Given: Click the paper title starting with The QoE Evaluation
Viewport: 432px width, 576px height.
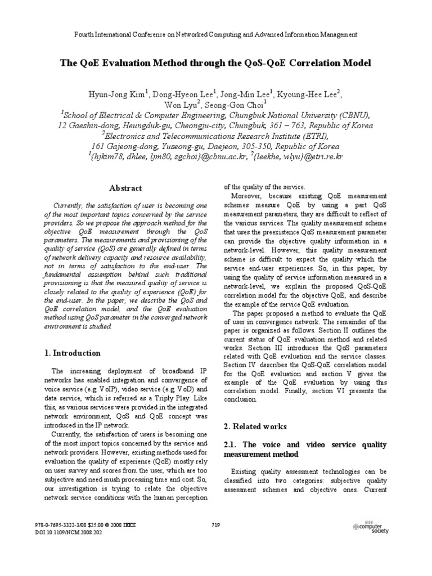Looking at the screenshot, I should (215, 63).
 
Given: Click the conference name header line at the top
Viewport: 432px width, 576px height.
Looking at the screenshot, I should (216, 34).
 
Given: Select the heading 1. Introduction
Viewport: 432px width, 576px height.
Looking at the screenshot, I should (73, 353).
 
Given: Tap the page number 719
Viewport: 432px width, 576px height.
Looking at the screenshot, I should (215, 525).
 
